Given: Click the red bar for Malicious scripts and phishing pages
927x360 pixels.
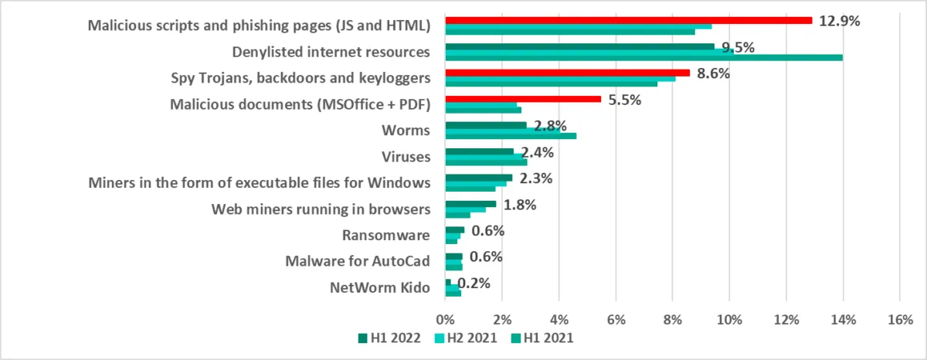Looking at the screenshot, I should tap(629, 20).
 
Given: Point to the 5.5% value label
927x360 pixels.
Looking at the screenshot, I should tap(623, 100).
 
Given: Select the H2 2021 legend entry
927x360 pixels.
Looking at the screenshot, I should tap(466, 338).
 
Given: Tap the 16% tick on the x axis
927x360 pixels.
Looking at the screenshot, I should tap(899, 318).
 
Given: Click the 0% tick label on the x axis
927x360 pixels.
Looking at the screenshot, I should tap(445, 318).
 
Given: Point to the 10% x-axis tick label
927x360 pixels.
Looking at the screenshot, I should tap(728, 318).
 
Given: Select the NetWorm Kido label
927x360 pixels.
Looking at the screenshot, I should tap(379, 288).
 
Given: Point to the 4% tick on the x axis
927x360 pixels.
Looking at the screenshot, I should tap(559, 318).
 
